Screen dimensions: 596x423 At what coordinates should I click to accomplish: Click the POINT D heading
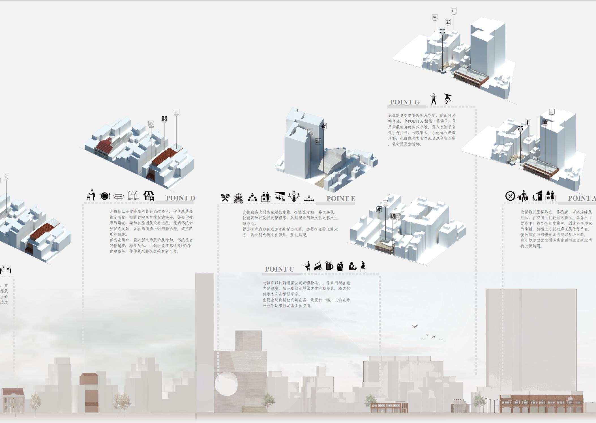[180, 198]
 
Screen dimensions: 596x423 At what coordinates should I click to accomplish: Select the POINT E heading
[340, 198]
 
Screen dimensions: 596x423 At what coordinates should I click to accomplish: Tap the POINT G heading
[405, 102]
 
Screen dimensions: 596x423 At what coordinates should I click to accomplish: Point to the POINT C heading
[279, 269]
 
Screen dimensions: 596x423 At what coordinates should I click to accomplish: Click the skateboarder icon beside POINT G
[448, 99]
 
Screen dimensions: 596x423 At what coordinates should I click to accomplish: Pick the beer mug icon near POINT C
[329, 266]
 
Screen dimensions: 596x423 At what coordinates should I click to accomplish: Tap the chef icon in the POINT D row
[91, 195]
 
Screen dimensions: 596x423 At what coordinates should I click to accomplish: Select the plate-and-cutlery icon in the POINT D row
[104, 196]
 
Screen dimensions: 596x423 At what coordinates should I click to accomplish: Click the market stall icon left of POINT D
[149, 196]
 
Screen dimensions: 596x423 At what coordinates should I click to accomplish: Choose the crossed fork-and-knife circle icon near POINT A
[510, 196]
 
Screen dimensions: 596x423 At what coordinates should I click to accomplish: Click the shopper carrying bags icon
[523, 196]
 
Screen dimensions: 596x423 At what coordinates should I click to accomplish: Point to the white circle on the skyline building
[226, 384]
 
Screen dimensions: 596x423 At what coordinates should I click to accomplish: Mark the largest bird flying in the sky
[415, 326]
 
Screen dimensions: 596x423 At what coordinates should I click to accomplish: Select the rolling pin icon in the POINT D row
[118, 196]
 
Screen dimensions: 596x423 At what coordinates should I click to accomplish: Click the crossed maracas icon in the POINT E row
[225, 197]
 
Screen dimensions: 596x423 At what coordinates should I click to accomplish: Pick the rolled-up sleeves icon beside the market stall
[133, 195]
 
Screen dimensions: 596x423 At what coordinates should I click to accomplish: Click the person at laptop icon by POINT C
[306, 266]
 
